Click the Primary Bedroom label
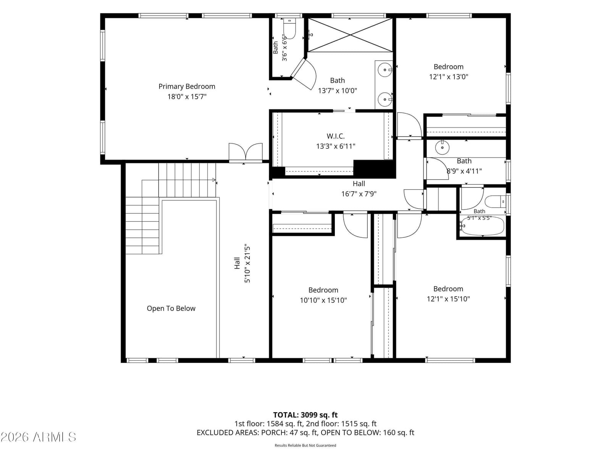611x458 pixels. pyautogui.click(x=187, y=87)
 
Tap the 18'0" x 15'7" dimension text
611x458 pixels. pyautogui.click(x=187, y=97)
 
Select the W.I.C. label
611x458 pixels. pyautogui.click(x=335, y=136)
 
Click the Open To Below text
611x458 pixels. pyautogui.click(x=171, y=308)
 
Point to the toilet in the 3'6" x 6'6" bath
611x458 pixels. pyautogui.click(x=289, y=28)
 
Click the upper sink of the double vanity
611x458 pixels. pyautogui.click(x=385, y=69)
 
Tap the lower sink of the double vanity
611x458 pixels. pyautogui.click(x=385, y=99)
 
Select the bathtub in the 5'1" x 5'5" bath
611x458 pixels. pyautogui.click(x=482, y=226)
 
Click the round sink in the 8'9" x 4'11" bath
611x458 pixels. pyautogui.click(x=442, y=147)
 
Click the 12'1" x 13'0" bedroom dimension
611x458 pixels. pyautogui.click(x=448, y=77)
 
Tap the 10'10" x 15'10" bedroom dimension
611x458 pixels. pyautogui.click(x=323, y=300)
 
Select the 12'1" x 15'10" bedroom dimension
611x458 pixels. pyautogui.click(x=448, y=299)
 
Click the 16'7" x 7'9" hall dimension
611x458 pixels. pyautogui.click(x=359, y=194)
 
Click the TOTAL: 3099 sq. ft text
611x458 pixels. pyautogui.click(x=305, y=415)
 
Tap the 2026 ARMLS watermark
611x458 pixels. pyautogui.click(x=38, y=437)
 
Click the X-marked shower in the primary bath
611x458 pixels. pyautogui.click(x=350, y=35)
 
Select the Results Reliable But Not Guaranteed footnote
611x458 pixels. pyautogui.click(x=305, y=445)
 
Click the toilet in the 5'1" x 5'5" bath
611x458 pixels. pyautogui.click(x=495, y=202)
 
